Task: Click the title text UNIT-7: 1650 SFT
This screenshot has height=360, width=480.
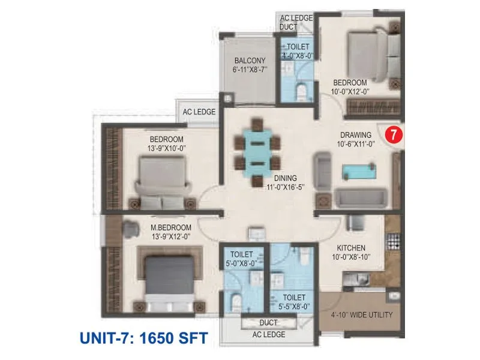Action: (143, 338)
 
